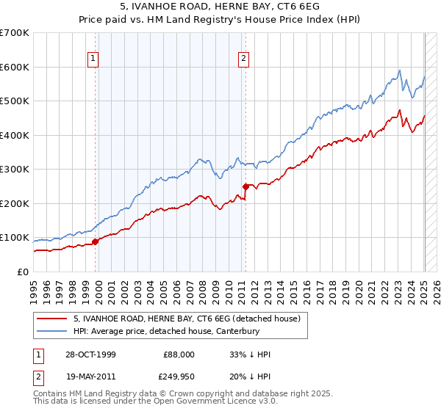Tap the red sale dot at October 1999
pos(96,241)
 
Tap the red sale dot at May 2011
pos(245,186)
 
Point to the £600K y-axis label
pos(14,67)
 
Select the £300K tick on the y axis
pos(14,170)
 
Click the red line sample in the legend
pos(51,319)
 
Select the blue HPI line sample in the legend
pos(51,332)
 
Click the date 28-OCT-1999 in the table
pos(90,354)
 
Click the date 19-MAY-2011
pos(90,375)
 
